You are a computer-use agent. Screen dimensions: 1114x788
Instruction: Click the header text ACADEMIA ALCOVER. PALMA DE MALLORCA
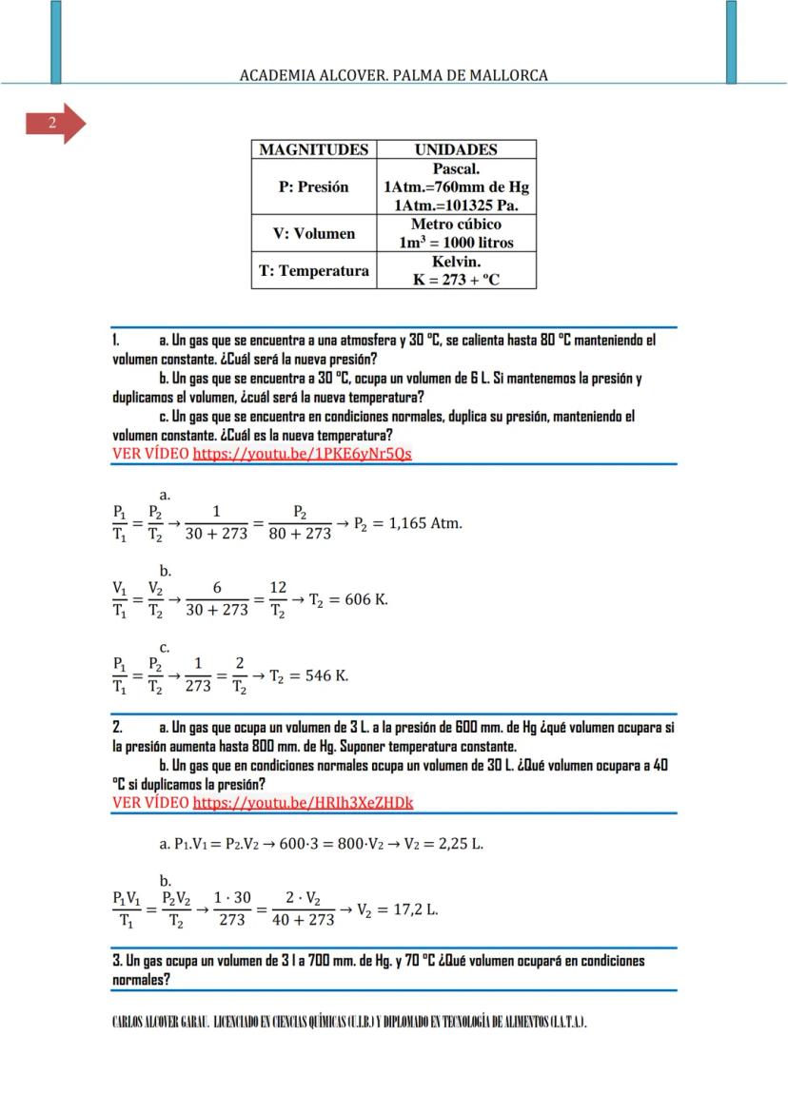tap(393, 75)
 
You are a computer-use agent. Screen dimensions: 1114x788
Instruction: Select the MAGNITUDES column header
tap(313, 149)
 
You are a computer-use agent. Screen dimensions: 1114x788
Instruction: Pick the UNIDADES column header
tap(456, 149)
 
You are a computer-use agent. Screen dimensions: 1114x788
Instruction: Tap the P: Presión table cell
tap(313, 187)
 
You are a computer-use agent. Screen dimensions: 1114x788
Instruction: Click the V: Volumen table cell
tap(313, 233)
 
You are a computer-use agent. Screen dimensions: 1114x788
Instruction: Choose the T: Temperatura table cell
tap(313, 271)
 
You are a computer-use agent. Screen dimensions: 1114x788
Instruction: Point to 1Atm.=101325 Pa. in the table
tap(456, 205)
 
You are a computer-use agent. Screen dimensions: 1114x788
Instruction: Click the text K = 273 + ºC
tap(456, 280)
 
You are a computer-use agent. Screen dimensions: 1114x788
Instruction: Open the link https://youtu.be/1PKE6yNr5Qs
tap(302, 454)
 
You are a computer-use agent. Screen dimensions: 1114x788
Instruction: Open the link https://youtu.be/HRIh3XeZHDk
tap(303, 802)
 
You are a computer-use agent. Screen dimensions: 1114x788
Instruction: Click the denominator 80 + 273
tap(299, 534)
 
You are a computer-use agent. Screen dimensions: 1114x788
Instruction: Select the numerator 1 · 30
tap(232, 898)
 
